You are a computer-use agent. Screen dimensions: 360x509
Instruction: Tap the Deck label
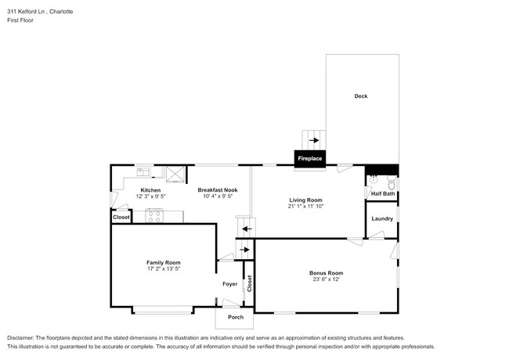(360, 96)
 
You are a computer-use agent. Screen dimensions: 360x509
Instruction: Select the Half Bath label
(383, 193)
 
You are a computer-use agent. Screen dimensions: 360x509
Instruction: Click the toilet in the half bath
(374, 178)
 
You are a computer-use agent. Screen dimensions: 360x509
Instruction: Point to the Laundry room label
(382, 218)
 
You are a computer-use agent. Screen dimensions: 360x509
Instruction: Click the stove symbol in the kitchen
(153, 217)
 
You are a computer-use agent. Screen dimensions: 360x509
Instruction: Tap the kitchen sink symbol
(144, 171)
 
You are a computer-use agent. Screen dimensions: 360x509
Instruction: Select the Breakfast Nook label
(218, 189)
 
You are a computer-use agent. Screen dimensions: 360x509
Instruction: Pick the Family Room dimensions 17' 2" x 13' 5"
(164, 269)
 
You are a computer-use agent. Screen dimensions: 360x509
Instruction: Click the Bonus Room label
(326, 272)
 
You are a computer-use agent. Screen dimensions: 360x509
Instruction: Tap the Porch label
(235, 317)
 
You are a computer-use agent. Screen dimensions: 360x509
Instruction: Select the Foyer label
(229, 284)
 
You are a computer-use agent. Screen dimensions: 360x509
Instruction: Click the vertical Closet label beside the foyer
(250, 284)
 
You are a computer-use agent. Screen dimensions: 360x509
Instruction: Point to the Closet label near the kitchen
(121, 217)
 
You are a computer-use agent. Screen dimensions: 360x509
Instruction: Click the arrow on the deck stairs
(313, 141)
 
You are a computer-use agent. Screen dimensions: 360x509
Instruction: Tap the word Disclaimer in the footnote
(23, 337)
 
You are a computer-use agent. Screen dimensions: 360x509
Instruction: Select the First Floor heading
(21, 20)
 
